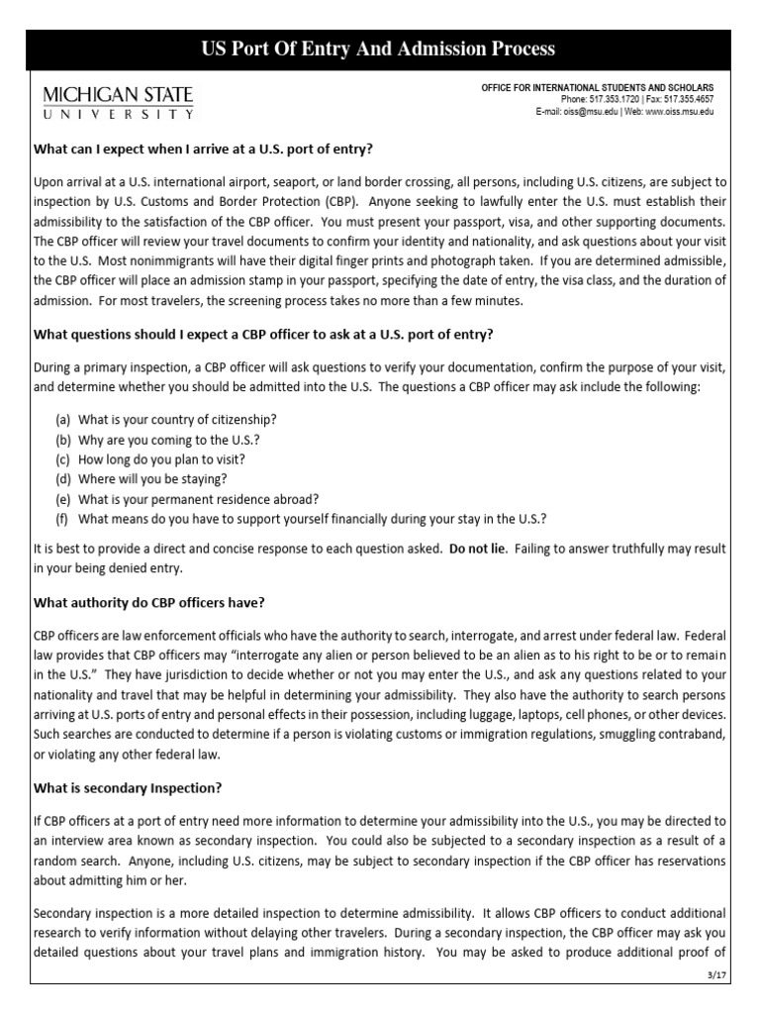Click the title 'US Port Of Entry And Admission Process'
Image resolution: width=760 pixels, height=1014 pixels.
tap(379, 49)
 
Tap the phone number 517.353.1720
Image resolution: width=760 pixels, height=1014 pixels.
tap(612, 100)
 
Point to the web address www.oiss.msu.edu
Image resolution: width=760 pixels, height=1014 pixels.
tap(679, 112)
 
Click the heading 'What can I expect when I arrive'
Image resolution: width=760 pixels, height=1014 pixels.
tap(203, 150)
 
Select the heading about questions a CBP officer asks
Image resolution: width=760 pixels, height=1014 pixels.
tap(251, 334)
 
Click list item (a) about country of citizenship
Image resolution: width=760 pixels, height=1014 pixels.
tap(166, 421)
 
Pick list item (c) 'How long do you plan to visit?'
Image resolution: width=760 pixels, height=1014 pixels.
tap(150, 459)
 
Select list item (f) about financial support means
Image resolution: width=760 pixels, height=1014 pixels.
tap(301, 518)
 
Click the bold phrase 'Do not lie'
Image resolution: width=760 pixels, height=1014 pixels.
tap(480, 548)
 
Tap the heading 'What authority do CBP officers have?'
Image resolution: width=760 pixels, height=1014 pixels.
tap(149, 603)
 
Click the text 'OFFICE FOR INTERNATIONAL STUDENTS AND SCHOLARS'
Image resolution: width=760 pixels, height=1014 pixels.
tap(597, 88)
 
